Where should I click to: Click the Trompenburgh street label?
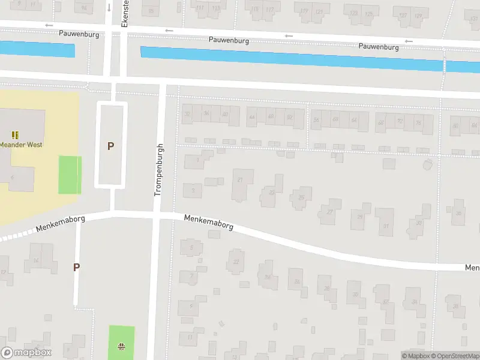click(159, 170)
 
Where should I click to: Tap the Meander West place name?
click(20, 145)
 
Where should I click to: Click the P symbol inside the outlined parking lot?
click(110, 146)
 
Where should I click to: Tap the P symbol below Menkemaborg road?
click(76, 267)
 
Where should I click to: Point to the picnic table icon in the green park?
click(121, 346)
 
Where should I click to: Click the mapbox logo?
click(26, 352)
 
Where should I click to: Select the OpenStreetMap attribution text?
click(454, 356)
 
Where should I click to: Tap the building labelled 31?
click(385, 224)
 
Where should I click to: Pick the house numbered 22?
click(236, 262)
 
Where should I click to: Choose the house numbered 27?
click(329, 212)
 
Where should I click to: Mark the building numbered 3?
click(193, 191)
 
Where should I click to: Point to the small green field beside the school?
click(70, 175)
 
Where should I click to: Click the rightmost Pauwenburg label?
click(379, 46)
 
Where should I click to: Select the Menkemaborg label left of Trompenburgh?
click(60, 224)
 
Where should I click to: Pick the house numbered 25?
click(301, 197)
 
